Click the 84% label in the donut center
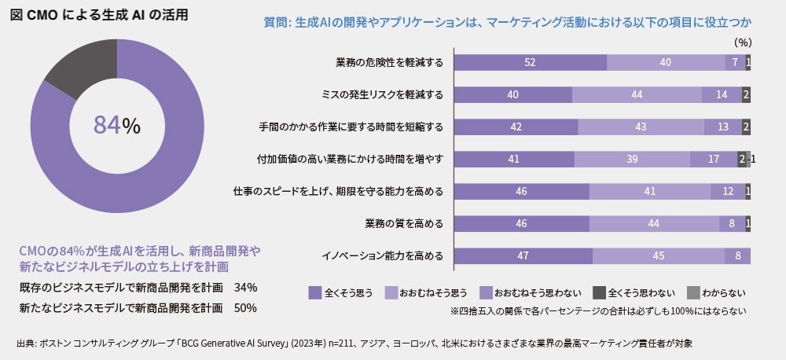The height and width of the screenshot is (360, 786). click(116, 125)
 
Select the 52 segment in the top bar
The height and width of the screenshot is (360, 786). click(531, 63)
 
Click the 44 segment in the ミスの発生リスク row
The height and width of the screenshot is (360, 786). click(637, 95)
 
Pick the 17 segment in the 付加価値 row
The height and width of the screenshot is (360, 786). click(713, 160)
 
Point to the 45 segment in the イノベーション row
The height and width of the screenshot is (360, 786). click(658, 255)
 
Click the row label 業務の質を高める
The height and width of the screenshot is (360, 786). click(404, 224)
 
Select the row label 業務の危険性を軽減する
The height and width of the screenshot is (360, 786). click(389, 63)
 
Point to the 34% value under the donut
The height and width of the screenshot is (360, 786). click(246, 287)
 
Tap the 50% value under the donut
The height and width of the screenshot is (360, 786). click(246, 308)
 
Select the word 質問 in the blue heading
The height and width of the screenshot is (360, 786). click(276, 21)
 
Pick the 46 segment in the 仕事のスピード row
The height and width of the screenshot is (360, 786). click(522, 192)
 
